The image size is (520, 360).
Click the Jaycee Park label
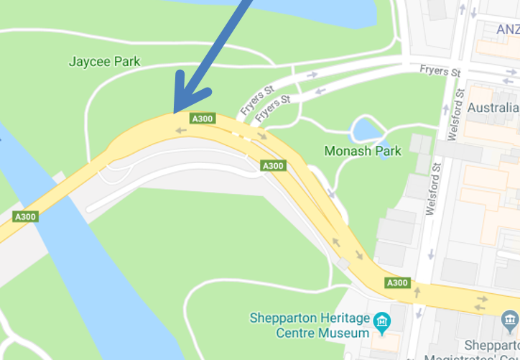[x=104, y=62]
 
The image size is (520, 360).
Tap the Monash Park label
[x=363, y=151]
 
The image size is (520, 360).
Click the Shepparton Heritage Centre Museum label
[x=310, y=326]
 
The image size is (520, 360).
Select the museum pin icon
[x=381, y=319]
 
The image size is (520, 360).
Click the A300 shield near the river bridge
[x=25, y=216]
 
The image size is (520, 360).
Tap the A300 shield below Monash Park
[x=273, y=166]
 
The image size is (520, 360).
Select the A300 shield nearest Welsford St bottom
[x=397, y=283]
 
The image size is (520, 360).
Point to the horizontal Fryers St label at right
[x=440, y=71]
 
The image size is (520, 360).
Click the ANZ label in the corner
[x=508, y=29]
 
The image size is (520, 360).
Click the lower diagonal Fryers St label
[x=273, y=108]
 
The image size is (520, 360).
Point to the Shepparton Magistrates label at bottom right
[x=492, y=351]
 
